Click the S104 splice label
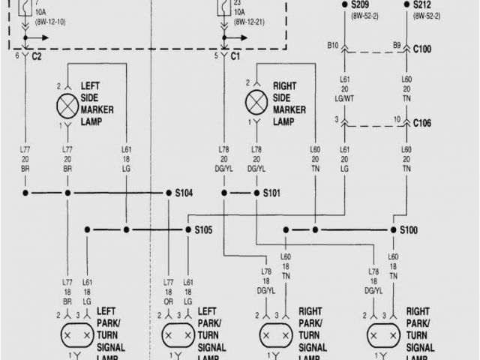pyautogui.click(x=184, y=193)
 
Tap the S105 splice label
pyautogui.click(x=203, y=229)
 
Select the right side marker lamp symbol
pyautogui.click(x=256, y=100)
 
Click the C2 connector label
pyautogui.click(x=35, y=55)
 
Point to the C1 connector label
pyautogui.click(x=235, y=55)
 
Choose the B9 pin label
pyautogui.click(x=397, y=46)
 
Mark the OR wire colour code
pyautogui.click(x=169, y=301)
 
